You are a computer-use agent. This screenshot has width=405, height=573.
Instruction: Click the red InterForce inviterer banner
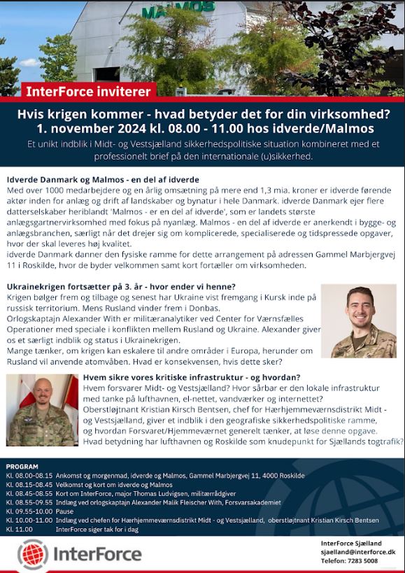point(88,91)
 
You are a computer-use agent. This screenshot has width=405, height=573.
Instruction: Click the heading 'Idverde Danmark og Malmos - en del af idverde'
point(102,180)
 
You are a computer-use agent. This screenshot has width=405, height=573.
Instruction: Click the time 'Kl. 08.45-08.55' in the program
point(29,493)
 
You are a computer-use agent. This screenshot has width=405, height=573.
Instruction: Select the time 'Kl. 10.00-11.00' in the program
point(29,520)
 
